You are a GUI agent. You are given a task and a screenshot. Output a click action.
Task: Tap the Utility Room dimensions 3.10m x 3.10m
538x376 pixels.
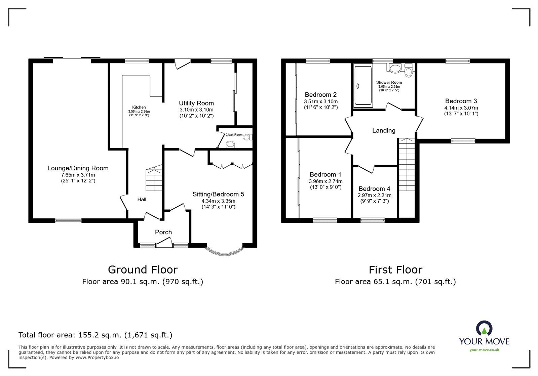196,110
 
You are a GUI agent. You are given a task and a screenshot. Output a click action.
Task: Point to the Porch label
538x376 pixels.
163,232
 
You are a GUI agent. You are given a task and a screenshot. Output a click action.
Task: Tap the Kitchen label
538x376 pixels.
139,108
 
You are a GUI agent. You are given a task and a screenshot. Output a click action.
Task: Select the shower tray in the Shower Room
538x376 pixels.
362,86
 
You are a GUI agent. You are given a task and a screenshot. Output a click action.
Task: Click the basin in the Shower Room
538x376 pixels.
394,69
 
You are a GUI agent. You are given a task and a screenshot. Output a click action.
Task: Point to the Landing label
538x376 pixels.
384,130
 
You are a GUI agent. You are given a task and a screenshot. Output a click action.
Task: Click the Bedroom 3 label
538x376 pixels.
461,101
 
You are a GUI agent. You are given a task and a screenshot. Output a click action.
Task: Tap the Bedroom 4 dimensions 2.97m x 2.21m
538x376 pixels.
375,195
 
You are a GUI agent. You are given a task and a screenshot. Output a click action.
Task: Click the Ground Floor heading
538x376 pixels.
143,269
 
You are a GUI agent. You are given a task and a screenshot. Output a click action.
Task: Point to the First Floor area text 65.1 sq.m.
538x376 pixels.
395,282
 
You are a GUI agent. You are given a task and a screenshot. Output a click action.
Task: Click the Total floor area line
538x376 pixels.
95,335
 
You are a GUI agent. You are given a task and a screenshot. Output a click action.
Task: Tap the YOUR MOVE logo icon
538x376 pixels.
484,328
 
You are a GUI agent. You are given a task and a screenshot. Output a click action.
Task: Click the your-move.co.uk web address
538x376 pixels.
484,350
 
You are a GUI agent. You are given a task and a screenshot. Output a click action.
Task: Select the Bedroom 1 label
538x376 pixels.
325,174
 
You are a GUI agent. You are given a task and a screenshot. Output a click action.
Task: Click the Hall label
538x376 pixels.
142,200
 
